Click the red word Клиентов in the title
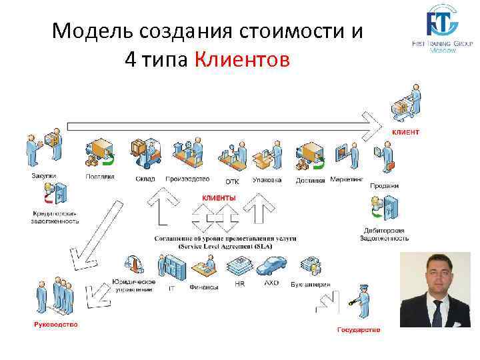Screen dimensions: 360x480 tap(243, 61)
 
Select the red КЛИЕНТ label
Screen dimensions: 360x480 tap(405, 132)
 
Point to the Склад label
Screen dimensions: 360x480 tap(145, 179)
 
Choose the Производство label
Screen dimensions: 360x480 tap(187, 179)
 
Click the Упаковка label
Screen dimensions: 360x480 tap(267, 179)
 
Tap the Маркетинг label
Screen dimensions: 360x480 tap(347, 179)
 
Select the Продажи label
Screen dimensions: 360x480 tap(384, 186)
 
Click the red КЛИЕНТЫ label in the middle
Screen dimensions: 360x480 tap(219, 198)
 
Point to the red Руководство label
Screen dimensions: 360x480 tap(55, 325)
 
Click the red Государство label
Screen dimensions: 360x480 tap(359, 329)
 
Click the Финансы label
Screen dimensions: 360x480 tap(203, 288)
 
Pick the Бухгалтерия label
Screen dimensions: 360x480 tap(311, 285)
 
